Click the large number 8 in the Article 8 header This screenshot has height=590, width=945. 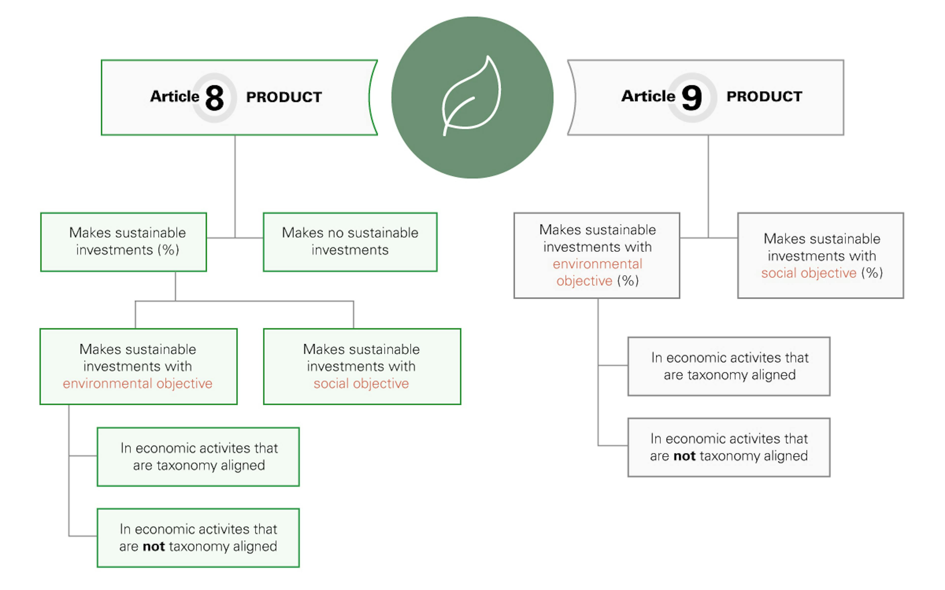214,98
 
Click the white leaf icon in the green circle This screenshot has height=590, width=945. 471,97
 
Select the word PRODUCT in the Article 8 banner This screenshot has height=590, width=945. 284,97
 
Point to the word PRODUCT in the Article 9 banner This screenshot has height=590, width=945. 764,96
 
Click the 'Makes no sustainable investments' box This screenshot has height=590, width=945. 350,242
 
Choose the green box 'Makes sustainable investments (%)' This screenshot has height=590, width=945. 123,242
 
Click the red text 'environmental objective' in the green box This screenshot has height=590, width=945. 138,383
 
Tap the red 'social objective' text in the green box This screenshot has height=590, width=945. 361,383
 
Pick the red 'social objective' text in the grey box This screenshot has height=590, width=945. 808,273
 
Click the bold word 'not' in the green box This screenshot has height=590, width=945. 154,546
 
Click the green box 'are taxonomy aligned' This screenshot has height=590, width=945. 198,457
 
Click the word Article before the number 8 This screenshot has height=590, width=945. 174,96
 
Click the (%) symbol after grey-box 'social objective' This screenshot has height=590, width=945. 872,273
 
